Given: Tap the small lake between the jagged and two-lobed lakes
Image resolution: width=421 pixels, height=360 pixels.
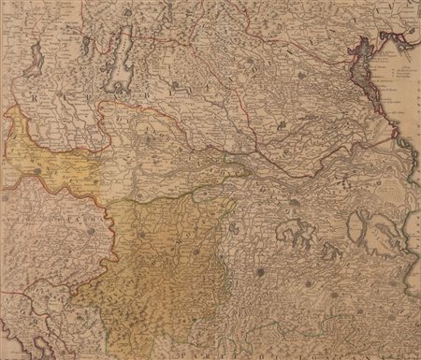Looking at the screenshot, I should tap(328, 251).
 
